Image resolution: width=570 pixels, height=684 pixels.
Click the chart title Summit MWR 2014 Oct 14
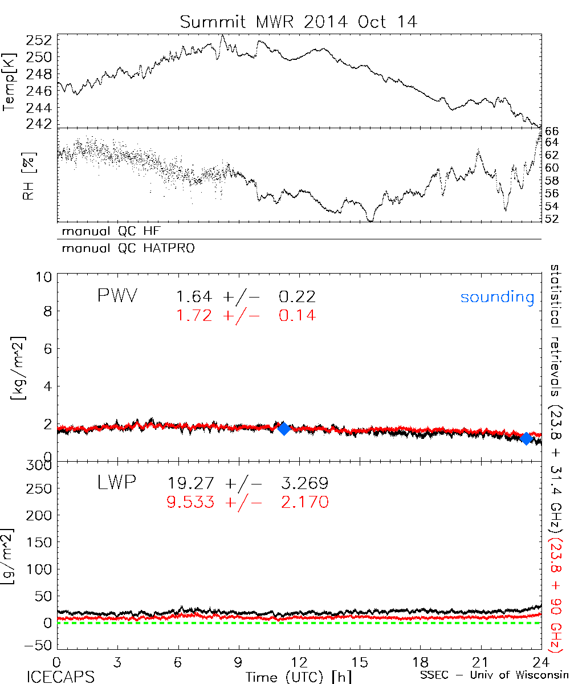coord(299,22)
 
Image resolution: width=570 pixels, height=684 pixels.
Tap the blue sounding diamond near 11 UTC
coord(283,429)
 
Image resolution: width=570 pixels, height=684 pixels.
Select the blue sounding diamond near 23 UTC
coord(526,438)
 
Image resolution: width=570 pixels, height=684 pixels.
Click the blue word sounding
coord(497,297)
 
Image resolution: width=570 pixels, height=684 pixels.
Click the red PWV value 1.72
coord(193,315)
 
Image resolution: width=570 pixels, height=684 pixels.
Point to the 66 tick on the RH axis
coord(552,131)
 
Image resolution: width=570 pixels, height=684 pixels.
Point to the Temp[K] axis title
coord(10,81)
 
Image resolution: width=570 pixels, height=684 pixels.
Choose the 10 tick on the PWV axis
coord(46,276)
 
